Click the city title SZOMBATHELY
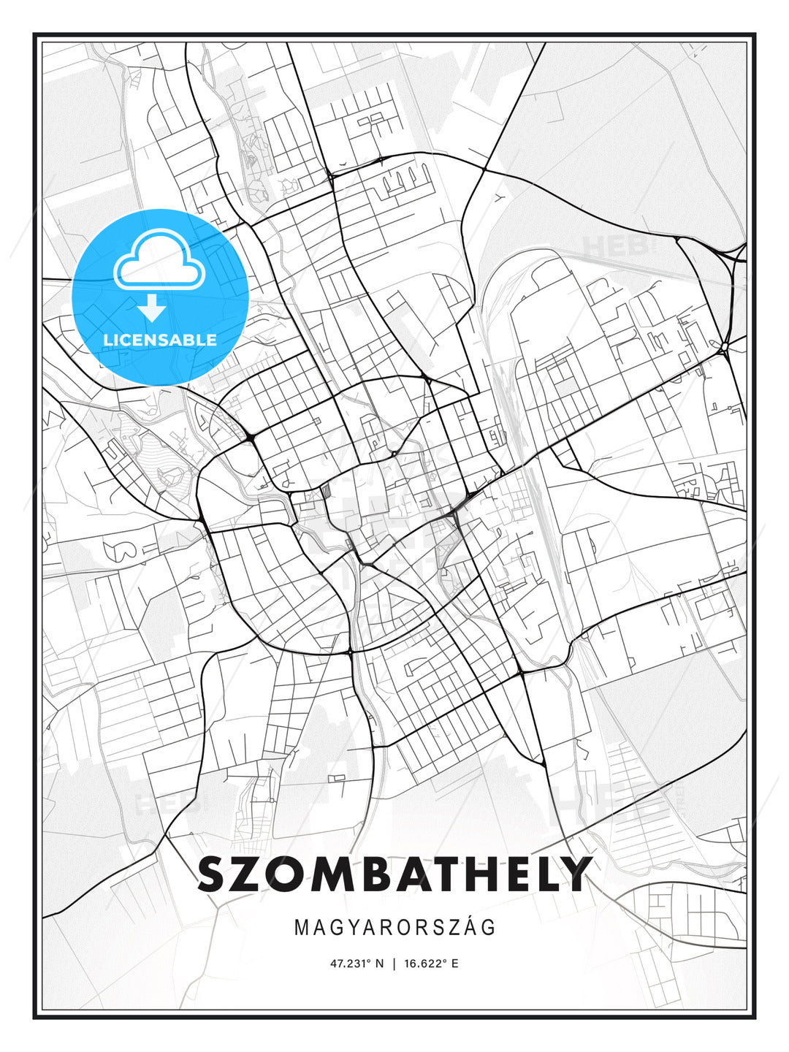394,874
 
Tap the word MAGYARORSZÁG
394,928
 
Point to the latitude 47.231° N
357,964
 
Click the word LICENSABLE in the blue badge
160,340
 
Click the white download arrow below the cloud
152,308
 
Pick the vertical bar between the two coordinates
394,964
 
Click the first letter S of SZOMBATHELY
216,874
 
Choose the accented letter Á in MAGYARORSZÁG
470,927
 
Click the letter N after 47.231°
379,964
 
